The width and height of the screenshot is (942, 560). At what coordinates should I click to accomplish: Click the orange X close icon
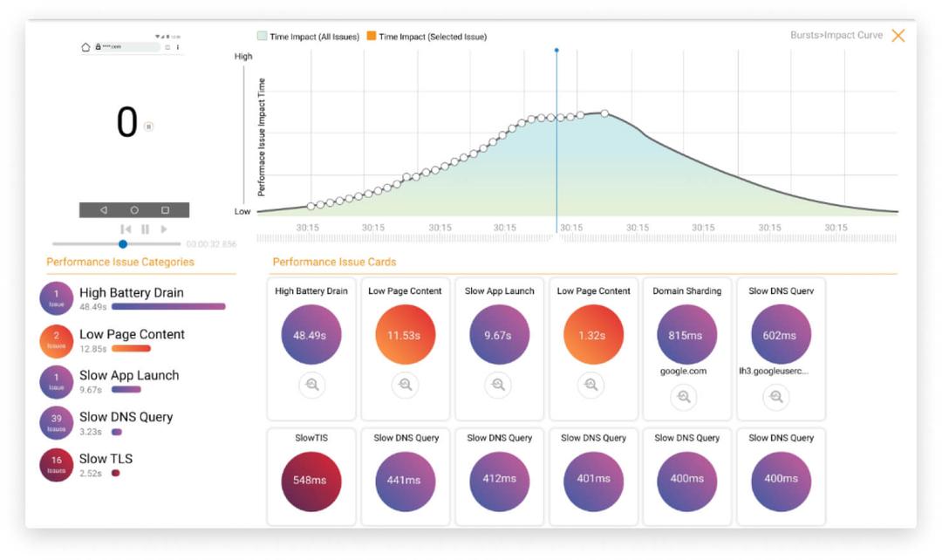click(x=898, y=36)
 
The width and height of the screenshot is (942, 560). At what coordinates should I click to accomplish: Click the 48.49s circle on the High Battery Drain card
click(x=311, y=335)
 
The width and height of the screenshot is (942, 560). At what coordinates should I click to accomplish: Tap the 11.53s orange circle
click(x=405, y=335)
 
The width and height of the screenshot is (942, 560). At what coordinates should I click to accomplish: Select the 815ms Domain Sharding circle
click(x=687, y=335)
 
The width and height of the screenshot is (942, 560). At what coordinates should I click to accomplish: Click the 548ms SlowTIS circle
click(x=311, y=481)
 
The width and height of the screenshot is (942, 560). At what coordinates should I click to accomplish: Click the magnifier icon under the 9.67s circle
click(x=498, y=385)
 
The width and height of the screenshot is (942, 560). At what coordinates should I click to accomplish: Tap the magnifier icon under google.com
click(x=684, y=397)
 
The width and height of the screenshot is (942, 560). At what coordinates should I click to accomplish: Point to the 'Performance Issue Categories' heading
click(x=120, y=262)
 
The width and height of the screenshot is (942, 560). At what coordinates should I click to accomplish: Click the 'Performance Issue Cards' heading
click(x=334, y=262)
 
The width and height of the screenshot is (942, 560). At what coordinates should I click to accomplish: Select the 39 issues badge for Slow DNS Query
click(x=57, y=423)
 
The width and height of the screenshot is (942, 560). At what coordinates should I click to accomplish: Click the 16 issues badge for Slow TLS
click(x=57, y=465)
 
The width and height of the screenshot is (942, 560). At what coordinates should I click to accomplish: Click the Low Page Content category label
click(x=132, y=334)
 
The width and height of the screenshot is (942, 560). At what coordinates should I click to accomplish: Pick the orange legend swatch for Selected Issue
click(x=372, y=37)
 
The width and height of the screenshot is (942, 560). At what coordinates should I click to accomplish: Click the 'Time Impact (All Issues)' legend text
click(x=314, y=37)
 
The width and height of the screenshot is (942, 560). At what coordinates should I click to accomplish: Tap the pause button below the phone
click(x=145, y=229)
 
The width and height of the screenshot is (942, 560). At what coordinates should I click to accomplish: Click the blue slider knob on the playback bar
click(x=123, y=244)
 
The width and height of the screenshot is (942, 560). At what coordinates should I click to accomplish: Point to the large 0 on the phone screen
click(x=127, y=123)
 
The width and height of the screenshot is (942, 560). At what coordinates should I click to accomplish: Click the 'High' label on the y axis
click(x=243, y=57)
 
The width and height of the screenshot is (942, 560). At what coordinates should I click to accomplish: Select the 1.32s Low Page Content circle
click(x=593, y=335)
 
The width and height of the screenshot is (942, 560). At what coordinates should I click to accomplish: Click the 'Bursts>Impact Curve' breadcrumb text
click(x=836, y=36)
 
